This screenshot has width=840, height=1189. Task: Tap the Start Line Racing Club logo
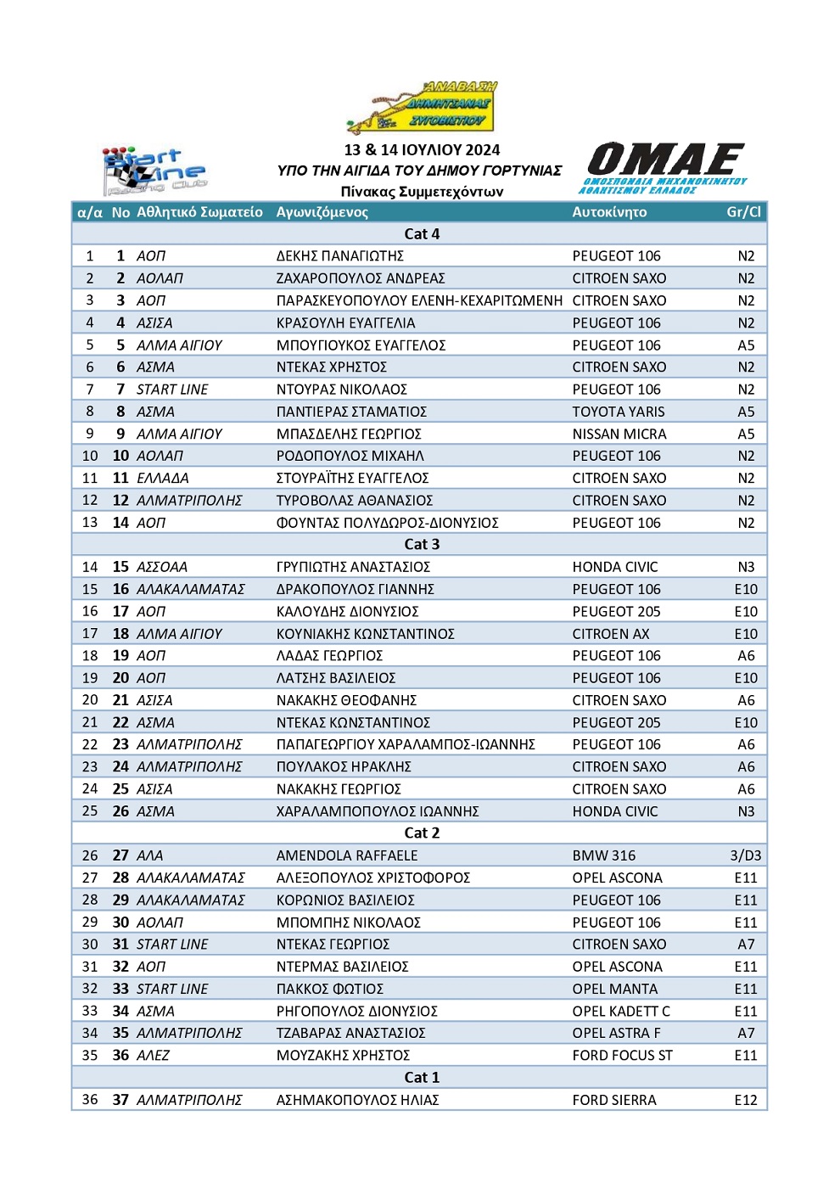[154, 170]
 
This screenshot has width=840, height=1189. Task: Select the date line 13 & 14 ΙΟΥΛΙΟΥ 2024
[422, 150]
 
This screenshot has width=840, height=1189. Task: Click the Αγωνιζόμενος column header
[322, 212]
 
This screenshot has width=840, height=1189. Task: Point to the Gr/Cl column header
[743, 212]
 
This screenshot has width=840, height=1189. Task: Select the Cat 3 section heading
[422, 545]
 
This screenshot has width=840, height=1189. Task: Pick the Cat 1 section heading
[422, 1078]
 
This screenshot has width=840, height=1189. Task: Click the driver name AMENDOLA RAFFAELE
[347, 855]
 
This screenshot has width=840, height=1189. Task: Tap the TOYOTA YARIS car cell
[619, 412]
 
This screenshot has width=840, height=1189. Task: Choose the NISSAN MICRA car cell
[619, 434]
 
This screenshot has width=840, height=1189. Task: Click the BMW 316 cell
[603, 855]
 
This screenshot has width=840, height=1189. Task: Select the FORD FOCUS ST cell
[622, 1056]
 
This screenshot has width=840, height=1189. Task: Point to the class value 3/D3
[746, 855]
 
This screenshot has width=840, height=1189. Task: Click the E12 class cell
[746, 1100]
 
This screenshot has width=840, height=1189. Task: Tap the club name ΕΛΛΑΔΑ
[163, 479]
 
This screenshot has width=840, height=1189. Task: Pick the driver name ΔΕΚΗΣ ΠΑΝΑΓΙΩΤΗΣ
[340, 256]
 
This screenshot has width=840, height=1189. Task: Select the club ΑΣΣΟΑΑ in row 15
[162, 567]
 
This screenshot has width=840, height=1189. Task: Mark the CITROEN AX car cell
[611, 634]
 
